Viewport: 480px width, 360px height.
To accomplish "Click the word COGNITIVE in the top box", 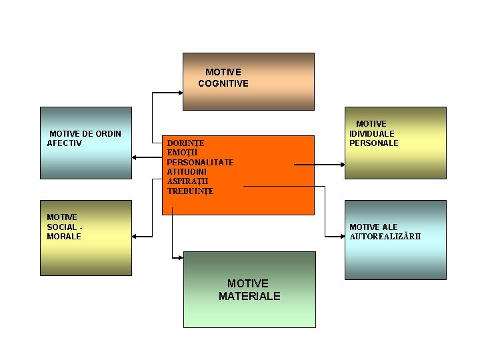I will (223, 83).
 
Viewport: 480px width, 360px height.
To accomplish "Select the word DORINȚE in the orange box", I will (185, 143).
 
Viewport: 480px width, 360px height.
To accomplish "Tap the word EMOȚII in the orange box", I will (181, 153).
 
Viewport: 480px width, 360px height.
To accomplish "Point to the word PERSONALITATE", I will (200, 162).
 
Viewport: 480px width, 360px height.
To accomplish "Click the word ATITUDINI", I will (187, 171).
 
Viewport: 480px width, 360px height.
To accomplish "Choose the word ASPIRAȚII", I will (187, 181).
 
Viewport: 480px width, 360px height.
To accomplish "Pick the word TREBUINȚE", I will (191, 191).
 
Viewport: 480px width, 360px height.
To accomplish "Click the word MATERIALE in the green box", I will (249, 296).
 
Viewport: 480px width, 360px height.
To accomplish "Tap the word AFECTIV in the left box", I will (65, 143).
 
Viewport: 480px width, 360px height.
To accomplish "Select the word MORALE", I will (64, 236).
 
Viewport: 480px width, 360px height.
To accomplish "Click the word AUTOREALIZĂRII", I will (385, 237).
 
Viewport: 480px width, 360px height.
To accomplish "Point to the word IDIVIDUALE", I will (372, 133).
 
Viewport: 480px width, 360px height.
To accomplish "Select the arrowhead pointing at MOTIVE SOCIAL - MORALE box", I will (135, 236).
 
